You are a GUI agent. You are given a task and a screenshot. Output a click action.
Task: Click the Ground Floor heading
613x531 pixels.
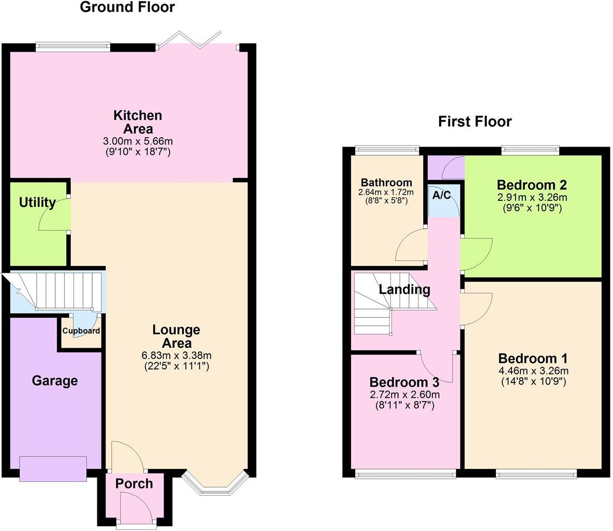click(127, 8)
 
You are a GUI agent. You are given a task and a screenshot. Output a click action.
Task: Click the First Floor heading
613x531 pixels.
click(475, 122)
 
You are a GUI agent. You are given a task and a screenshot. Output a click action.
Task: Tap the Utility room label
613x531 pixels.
click(37, 203)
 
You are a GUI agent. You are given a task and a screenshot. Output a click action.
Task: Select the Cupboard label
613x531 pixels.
click(81, 331)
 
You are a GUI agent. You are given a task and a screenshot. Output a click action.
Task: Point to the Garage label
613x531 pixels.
click(55, 381)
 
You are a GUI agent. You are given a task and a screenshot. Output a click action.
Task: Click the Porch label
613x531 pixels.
click(134, 484)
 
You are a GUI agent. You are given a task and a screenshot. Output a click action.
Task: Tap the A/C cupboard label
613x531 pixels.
click(442, 196)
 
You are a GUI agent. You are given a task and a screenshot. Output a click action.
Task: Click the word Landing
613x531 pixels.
click(404, 290)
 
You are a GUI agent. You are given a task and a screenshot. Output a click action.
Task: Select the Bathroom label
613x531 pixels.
click(387, 183)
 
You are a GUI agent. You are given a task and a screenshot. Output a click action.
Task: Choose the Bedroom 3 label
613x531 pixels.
click(404, 383)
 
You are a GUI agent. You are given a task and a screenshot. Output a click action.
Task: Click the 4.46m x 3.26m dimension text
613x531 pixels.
click(533, 371)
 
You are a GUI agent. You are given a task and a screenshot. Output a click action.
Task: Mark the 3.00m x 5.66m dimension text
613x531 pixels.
click(138, 141)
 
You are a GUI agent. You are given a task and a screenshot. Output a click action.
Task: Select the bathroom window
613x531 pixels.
click(387, 150)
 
